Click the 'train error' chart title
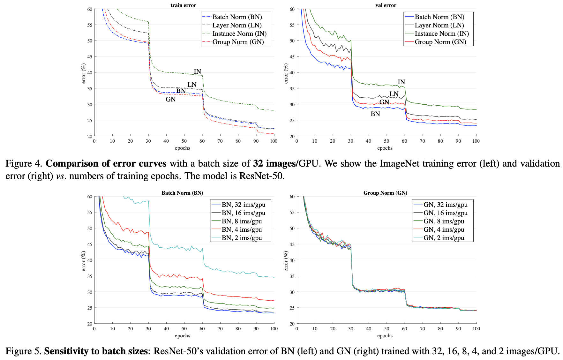(x=183, y=5)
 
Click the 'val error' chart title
(x=386, y=5)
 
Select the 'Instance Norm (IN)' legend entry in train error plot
(x=239, y=34)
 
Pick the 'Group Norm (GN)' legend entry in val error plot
(x=440, y=42)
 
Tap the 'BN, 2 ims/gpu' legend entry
(x=242, y=238)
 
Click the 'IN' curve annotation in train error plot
(x=198, y=71)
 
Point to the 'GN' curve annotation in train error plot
(x=170, y=99)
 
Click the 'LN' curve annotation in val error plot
(x=394, y=94)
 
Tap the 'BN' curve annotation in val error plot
(x=375, y=114)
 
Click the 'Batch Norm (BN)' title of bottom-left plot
(x=182, y=193)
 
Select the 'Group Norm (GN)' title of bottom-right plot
(x=385, y=193)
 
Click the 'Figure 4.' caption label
(x=24, y=163)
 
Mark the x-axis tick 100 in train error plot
(x=274, y=141)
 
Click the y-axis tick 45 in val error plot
(x=292, y=57)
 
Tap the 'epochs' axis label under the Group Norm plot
(x=385, y=335)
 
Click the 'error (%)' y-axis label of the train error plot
(x=84, y=73)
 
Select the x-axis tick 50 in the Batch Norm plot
(x=184, y=329)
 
